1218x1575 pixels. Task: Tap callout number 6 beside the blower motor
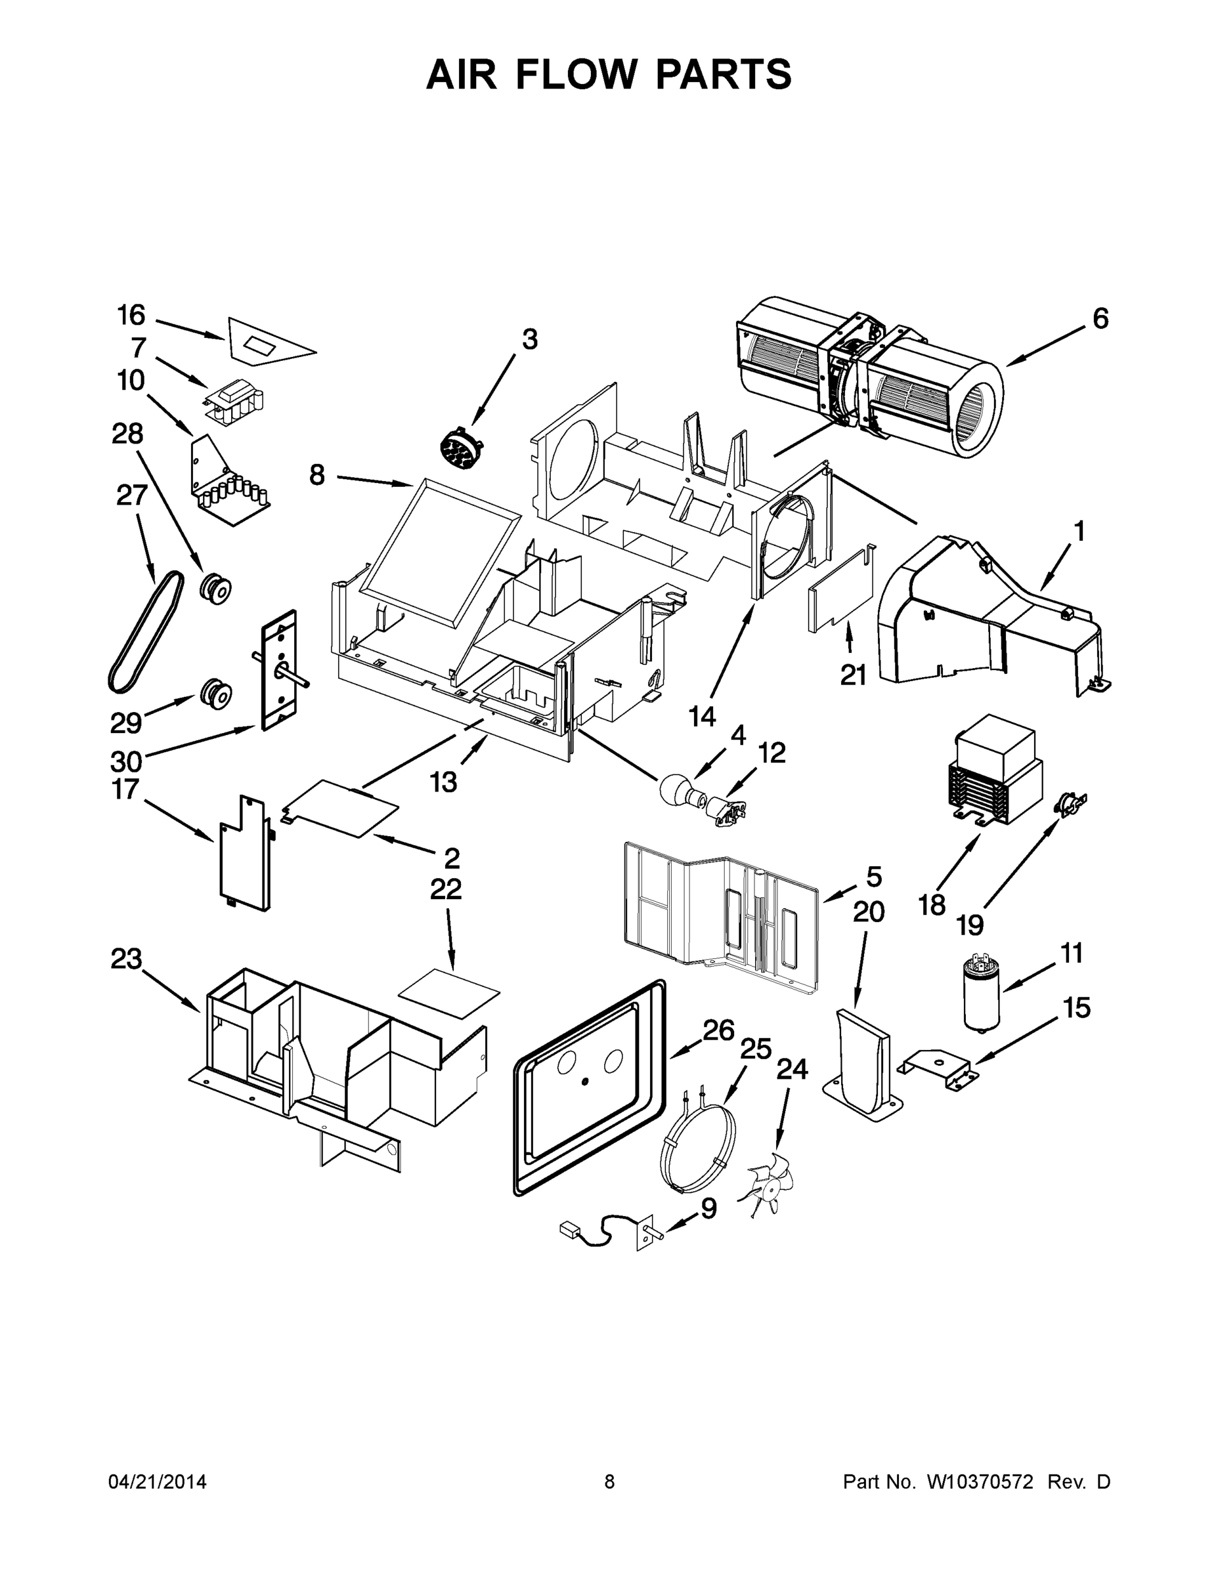tap(1100, 318)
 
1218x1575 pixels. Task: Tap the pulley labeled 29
tap(215, 693)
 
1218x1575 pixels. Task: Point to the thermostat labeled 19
tap(1070, 803)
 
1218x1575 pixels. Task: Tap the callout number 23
tap(125, 960)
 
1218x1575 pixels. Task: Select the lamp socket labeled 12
tap(726, 810)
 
